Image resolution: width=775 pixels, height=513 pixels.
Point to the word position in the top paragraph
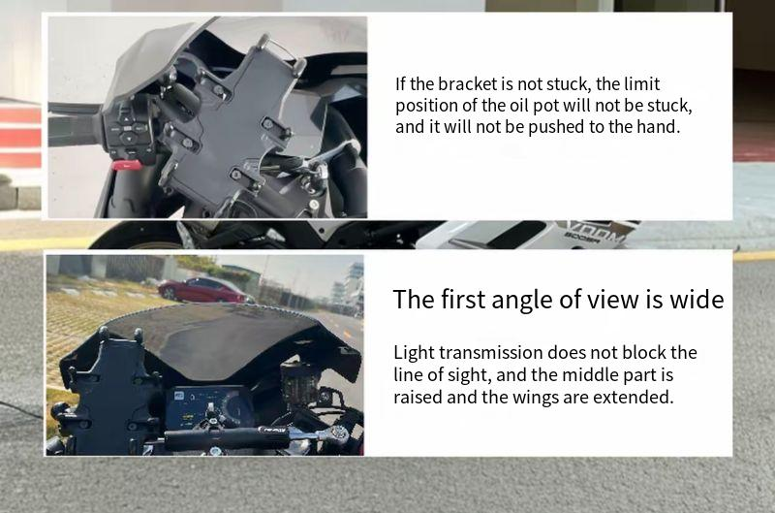pos(426,106)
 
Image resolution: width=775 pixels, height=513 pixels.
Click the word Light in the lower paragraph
pos(414,353)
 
